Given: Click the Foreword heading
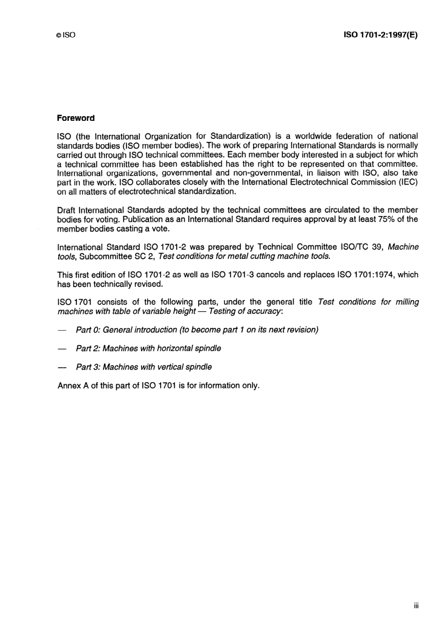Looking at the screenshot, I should (x=75, y=118).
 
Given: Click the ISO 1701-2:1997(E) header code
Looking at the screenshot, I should (x=380, y=35).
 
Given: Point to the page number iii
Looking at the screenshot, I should (x=416, y=606).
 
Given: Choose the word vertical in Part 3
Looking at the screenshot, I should (x=170, y=367).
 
